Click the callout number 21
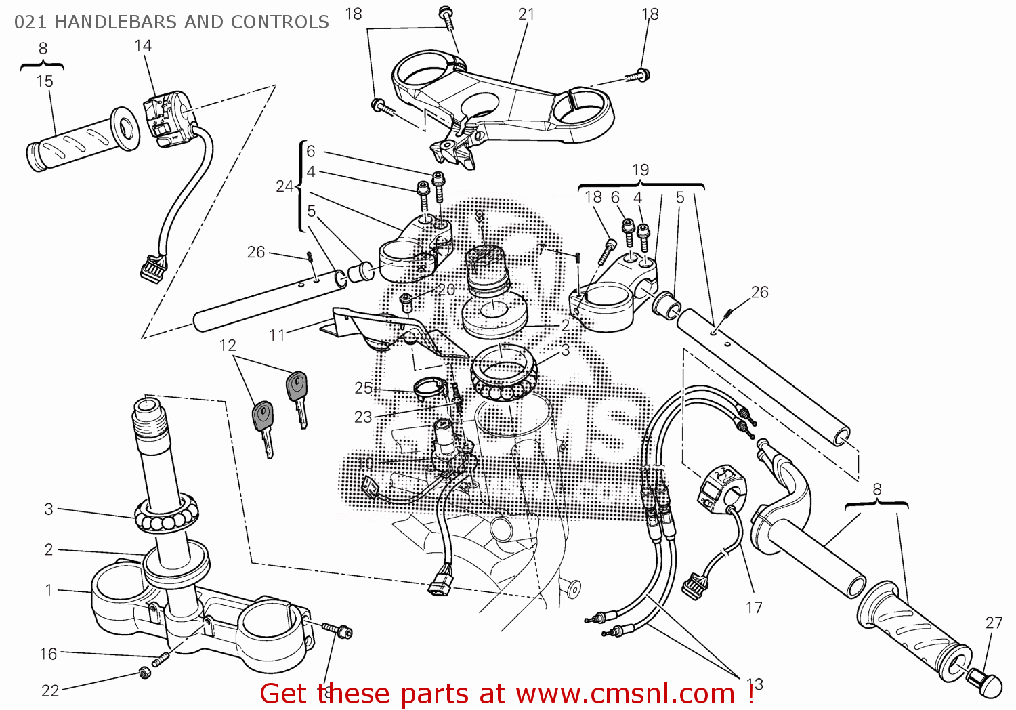point(526,14)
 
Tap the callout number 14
point(143,45)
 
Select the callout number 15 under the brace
point(44,81)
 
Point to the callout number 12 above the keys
point(228,346)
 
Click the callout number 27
point(994,623)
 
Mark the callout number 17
point(754,608)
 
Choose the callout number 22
point(51,690)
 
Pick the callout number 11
point(277,335)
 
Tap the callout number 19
point(640,170)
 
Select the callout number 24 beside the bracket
point(284,186)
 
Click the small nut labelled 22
point(144,672)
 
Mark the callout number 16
point(48,654)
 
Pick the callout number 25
point(364,388)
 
